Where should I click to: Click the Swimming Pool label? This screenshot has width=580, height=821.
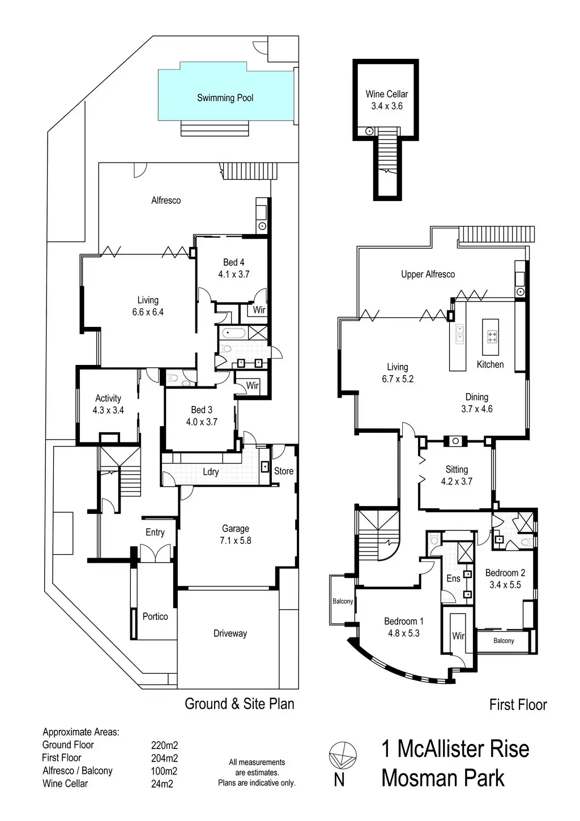point(225,98)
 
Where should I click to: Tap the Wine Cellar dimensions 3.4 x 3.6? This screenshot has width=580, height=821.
point(387,106)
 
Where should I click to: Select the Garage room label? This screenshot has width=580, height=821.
point(235,529)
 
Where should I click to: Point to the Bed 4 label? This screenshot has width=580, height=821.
point(233,262)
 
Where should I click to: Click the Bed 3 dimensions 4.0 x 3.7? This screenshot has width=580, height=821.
point(202,422)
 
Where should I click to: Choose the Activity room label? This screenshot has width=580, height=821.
point(108,398)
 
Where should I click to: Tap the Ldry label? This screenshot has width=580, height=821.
point(211,471)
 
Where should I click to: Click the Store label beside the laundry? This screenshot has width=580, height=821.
point(284,471)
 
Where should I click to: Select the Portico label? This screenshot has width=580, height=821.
point(155,616)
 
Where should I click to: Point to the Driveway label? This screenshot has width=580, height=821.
point(230,633)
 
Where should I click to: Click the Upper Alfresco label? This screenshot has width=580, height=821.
point(428,274)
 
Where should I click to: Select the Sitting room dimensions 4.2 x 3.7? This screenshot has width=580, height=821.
point(457,482)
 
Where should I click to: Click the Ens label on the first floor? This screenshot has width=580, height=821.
point(453,578)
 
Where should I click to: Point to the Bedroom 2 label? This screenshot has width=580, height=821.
point(505,573)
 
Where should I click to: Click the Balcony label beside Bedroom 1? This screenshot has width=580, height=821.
point(343,601)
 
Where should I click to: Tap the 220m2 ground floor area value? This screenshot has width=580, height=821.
point(164,745)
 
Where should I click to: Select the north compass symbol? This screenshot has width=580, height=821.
point(343,755)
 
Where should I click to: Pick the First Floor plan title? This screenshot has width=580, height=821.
point(518,705)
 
